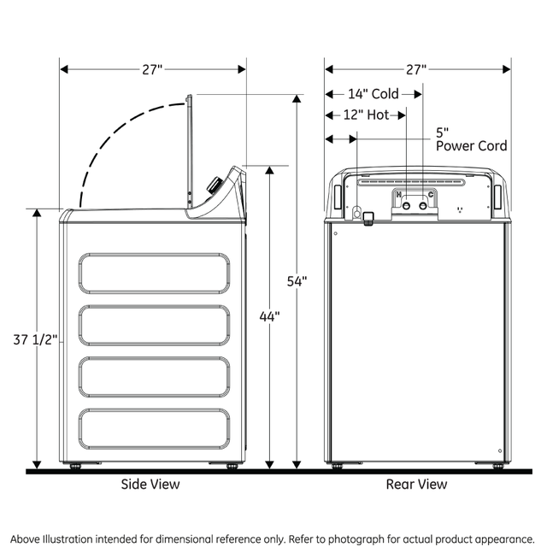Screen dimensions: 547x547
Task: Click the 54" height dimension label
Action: tap(297, 282)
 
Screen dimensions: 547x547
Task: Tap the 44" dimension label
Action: tap(269, 317)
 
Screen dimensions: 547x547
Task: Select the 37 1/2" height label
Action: tap(36, 339)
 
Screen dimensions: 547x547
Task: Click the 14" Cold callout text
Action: tap(373, 94)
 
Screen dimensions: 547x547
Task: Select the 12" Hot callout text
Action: tap(366, 115)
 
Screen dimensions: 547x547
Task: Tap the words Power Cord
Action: tap(471, 146)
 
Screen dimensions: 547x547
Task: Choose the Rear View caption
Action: tap(416, 485)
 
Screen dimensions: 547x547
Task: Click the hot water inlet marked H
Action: tap(406, 205)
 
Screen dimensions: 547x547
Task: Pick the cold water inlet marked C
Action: tap(422, 205)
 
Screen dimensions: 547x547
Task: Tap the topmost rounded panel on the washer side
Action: tap(154, 273)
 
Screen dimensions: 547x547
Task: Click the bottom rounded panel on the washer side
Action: tap(154, 427)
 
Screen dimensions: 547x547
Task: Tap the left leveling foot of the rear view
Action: tap(337, 466)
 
